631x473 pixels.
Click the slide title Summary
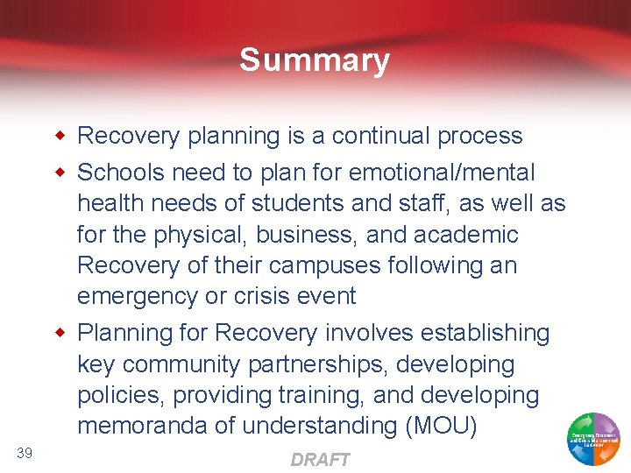coord(315,61)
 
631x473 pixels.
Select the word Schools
coord(122,173)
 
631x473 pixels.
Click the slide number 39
coord(25,451)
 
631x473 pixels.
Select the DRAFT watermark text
coord(320,460)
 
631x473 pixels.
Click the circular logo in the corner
coord(594,438)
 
